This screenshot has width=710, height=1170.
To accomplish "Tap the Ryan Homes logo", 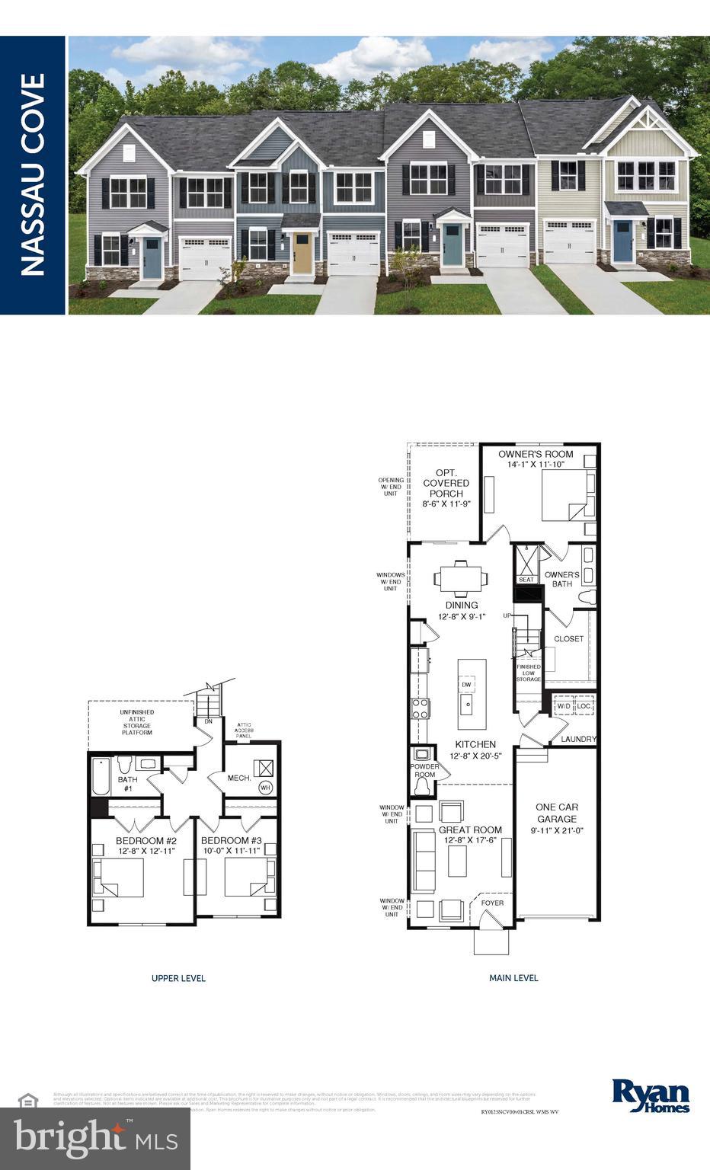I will (x=651, y=1096).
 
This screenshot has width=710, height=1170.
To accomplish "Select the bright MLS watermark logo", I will (x=95, y=1138).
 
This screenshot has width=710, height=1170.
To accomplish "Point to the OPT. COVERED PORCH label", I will (x=446, y=483).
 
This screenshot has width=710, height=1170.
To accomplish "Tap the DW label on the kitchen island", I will (x=466, y=685).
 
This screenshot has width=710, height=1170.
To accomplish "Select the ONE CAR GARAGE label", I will (x=557, y=813).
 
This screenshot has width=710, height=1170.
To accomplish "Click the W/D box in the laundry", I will (x=563, y=706).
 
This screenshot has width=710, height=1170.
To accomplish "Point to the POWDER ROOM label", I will (x=424, y=770).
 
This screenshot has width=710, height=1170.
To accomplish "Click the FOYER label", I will (x=492, y=903).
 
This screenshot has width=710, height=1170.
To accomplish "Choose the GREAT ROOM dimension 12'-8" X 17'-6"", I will (x=471, y=840).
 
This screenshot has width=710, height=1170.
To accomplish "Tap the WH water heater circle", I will (x=265, y=788).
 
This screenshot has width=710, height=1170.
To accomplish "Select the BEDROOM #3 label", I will (x=232, y=841).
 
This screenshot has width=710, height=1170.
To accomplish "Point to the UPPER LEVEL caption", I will (x=178, y=978).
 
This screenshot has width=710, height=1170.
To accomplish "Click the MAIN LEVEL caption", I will (x=513, y=978).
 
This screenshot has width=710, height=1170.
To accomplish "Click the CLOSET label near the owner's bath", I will (x=568, y=639).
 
